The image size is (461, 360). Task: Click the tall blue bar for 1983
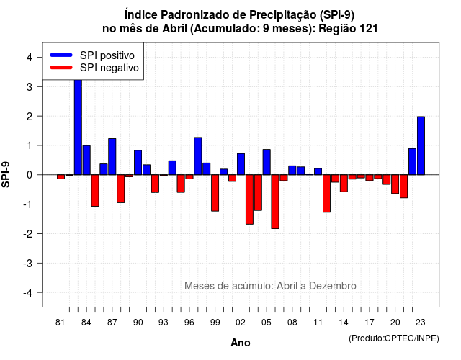pos(78,127)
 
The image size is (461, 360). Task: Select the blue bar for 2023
pos(421,145)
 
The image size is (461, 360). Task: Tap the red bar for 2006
pos(275,202)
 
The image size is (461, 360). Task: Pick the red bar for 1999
pos(215,193)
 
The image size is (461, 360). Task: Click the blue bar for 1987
pos(112,157)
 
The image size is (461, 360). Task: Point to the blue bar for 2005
pos(267,162)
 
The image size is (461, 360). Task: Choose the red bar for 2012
pos(326,194)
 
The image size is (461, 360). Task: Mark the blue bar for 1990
pos(138,163)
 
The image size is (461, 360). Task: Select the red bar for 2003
pos(250,199)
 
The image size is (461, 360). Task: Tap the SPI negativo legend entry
pos(94,68)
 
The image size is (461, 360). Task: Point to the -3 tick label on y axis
pos(28,263)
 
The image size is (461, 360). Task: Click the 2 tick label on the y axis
pos(30,117)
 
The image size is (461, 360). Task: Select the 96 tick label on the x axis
pos(189,323)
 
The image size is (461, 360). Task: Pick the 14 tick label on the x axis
pos(344,323)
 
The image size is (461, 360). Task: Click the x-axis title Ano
pos(241,343)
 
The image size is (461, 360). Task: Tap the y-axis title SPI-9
pos(6,174)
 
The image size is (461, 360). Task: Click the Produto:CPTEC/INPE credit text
pos(394,338)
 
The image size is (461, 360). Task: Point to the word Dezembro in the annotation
pos(333,286)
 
